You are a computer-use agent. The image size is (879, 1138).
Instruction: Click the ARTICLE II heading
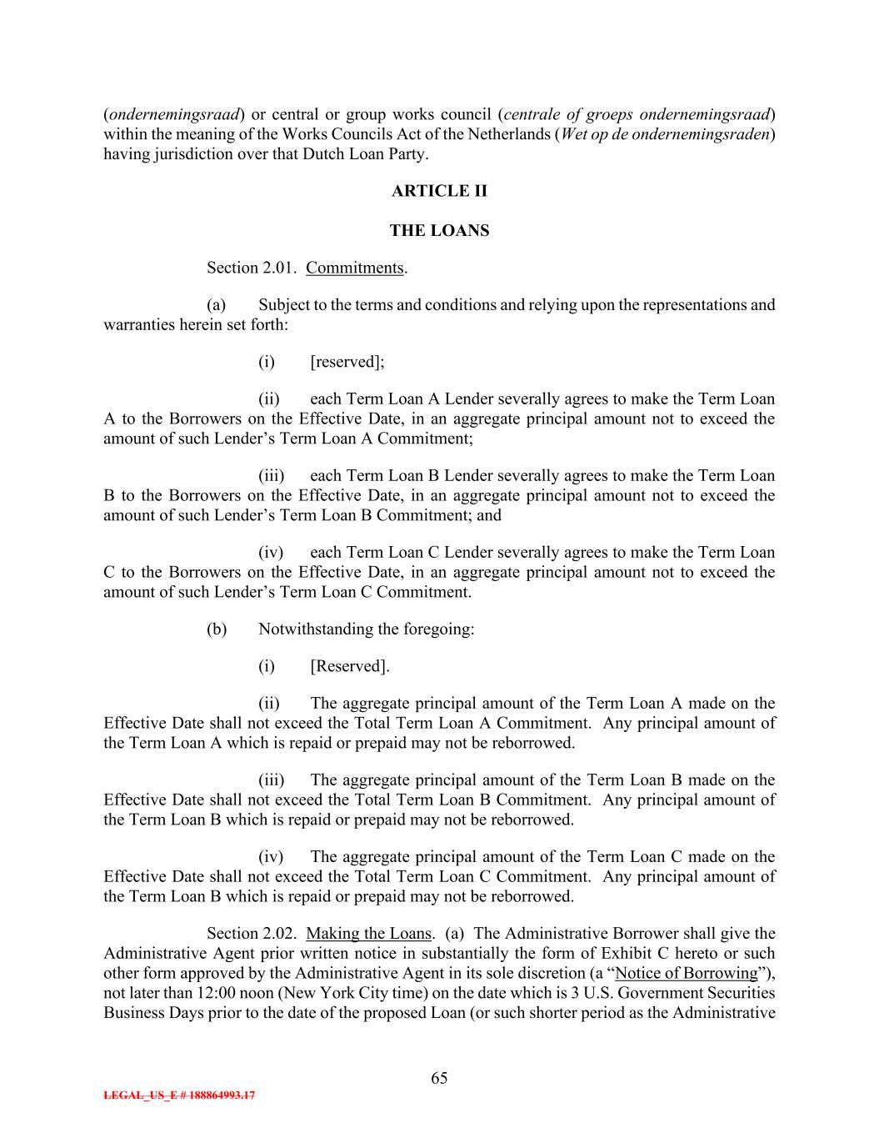[x=439, y=191]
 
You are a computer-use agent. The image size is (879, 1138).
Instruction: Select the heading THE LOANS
[x=439, y=231]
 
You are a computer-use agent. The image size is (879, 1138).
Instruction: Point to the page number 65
[x=439, y=1078]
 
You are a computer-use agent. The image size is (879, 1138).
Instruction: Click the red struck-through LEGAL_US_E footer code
[x=179, y=1095]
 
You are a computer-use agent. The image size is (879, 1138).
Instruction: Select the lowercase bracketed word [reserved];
[x=347, y=362]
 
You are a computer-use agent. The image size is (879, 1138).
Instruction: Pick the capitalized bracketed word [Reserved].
[x=349, y=666]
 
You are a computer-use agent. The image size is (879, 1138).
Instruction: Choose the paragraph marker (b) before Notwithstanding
[x=217, y=629]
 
